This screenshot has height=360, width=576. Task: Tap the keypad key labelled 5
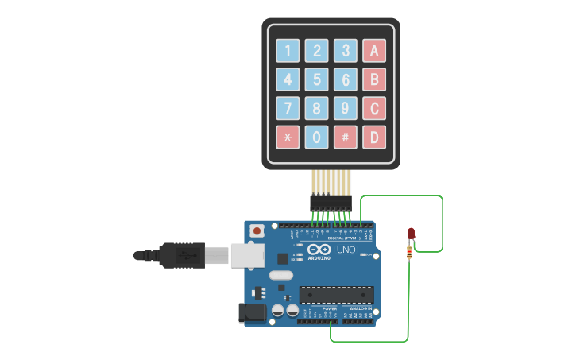[x=316, y=79]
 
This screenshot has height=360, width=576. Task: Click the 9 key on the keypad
[x=345, y=108]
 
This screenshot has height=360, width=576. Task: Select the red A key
[x=374, y=51]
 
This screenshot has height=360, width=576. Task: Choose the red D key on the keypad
[x=374, y=137]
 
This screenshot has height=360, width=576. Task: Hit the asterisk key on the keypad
[x=288, y=137]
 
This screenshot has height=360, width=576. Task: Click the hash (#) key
[x=345, y=137]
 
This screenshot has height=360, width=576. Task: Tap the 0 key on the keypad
[x=316, y=137]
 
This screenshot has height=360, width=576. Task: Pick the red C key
[x=374, y=108]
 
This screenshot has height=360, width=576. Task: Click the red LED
[x=412, y=233]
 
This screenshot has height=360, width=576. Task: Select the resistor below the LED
[x=410, y=253]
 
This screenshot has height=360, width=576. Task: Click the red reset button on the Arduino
[x=257, y=230]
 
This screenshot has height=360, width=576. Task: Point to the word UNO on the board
[x=346, y=250]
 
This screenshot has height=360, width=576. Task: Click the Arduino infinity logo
[x=318, y=249]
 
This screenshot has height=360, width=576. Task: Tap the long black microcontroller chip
[x=336, y=295]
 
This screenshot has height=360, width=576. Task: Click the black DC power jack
[x=252, y=312]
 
